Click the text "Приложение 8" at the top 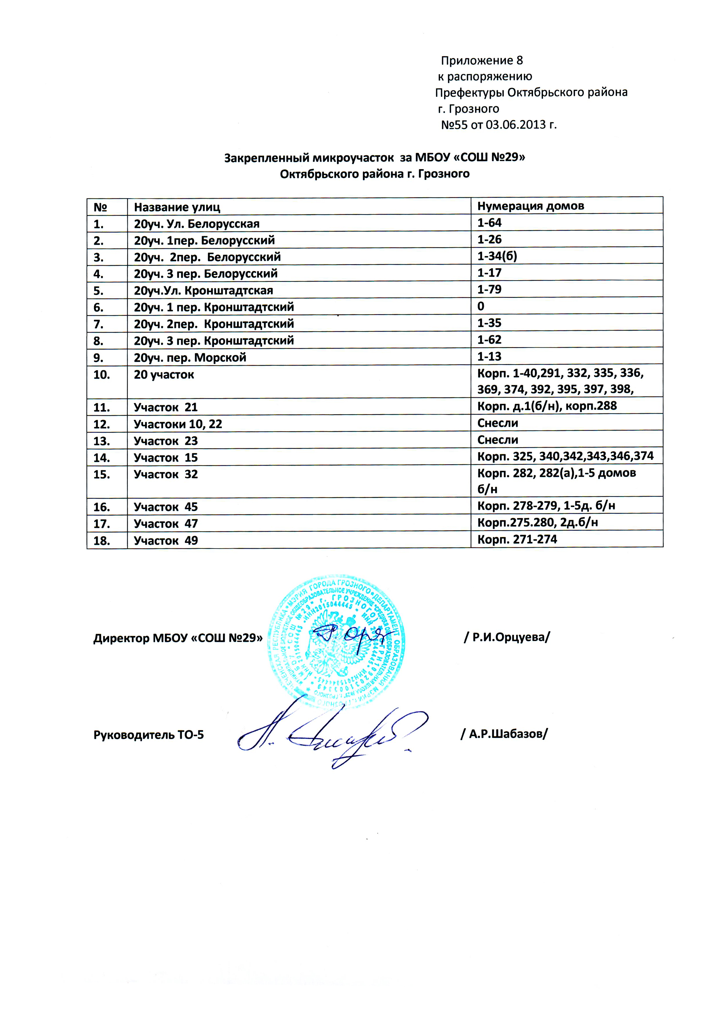point(482,61)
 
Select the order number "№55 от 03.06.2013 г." point(499,125)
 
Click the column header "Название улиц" point(177,207)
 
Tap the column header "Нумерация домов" point(530,206)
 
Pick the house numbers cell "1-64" point(489,223)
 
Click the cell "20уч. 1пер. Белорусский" point(204,240)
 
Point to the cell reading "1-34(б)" point(497,256)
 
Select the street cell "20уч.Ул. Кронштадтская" point(203,291)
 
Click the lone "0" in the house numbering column point(481,306)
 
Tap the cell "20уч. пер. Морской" point(190,358)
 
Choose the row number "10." point(101,375)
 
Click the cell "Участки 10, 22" point(178,424)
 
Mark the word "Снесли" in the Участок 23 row point(498,440)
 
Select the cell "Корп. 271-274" point(517,540)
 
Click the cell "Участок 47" point(166,524)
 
